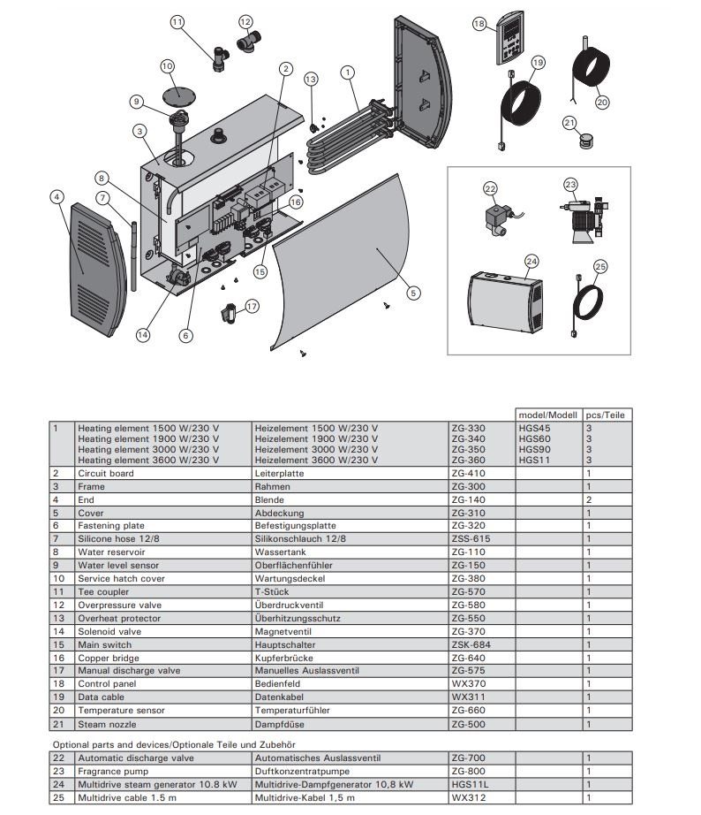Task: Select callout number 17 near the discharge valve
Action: pyautogui.click(x=253, y=307)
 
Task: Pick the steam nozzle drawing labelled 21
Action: pyautogui.click(x=583, y=141)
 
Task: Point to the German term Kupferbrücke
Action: pyautogui.click(x=283, y=658)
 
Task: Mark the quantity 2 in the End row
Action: pyautogui.click(x=589, y=499)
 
